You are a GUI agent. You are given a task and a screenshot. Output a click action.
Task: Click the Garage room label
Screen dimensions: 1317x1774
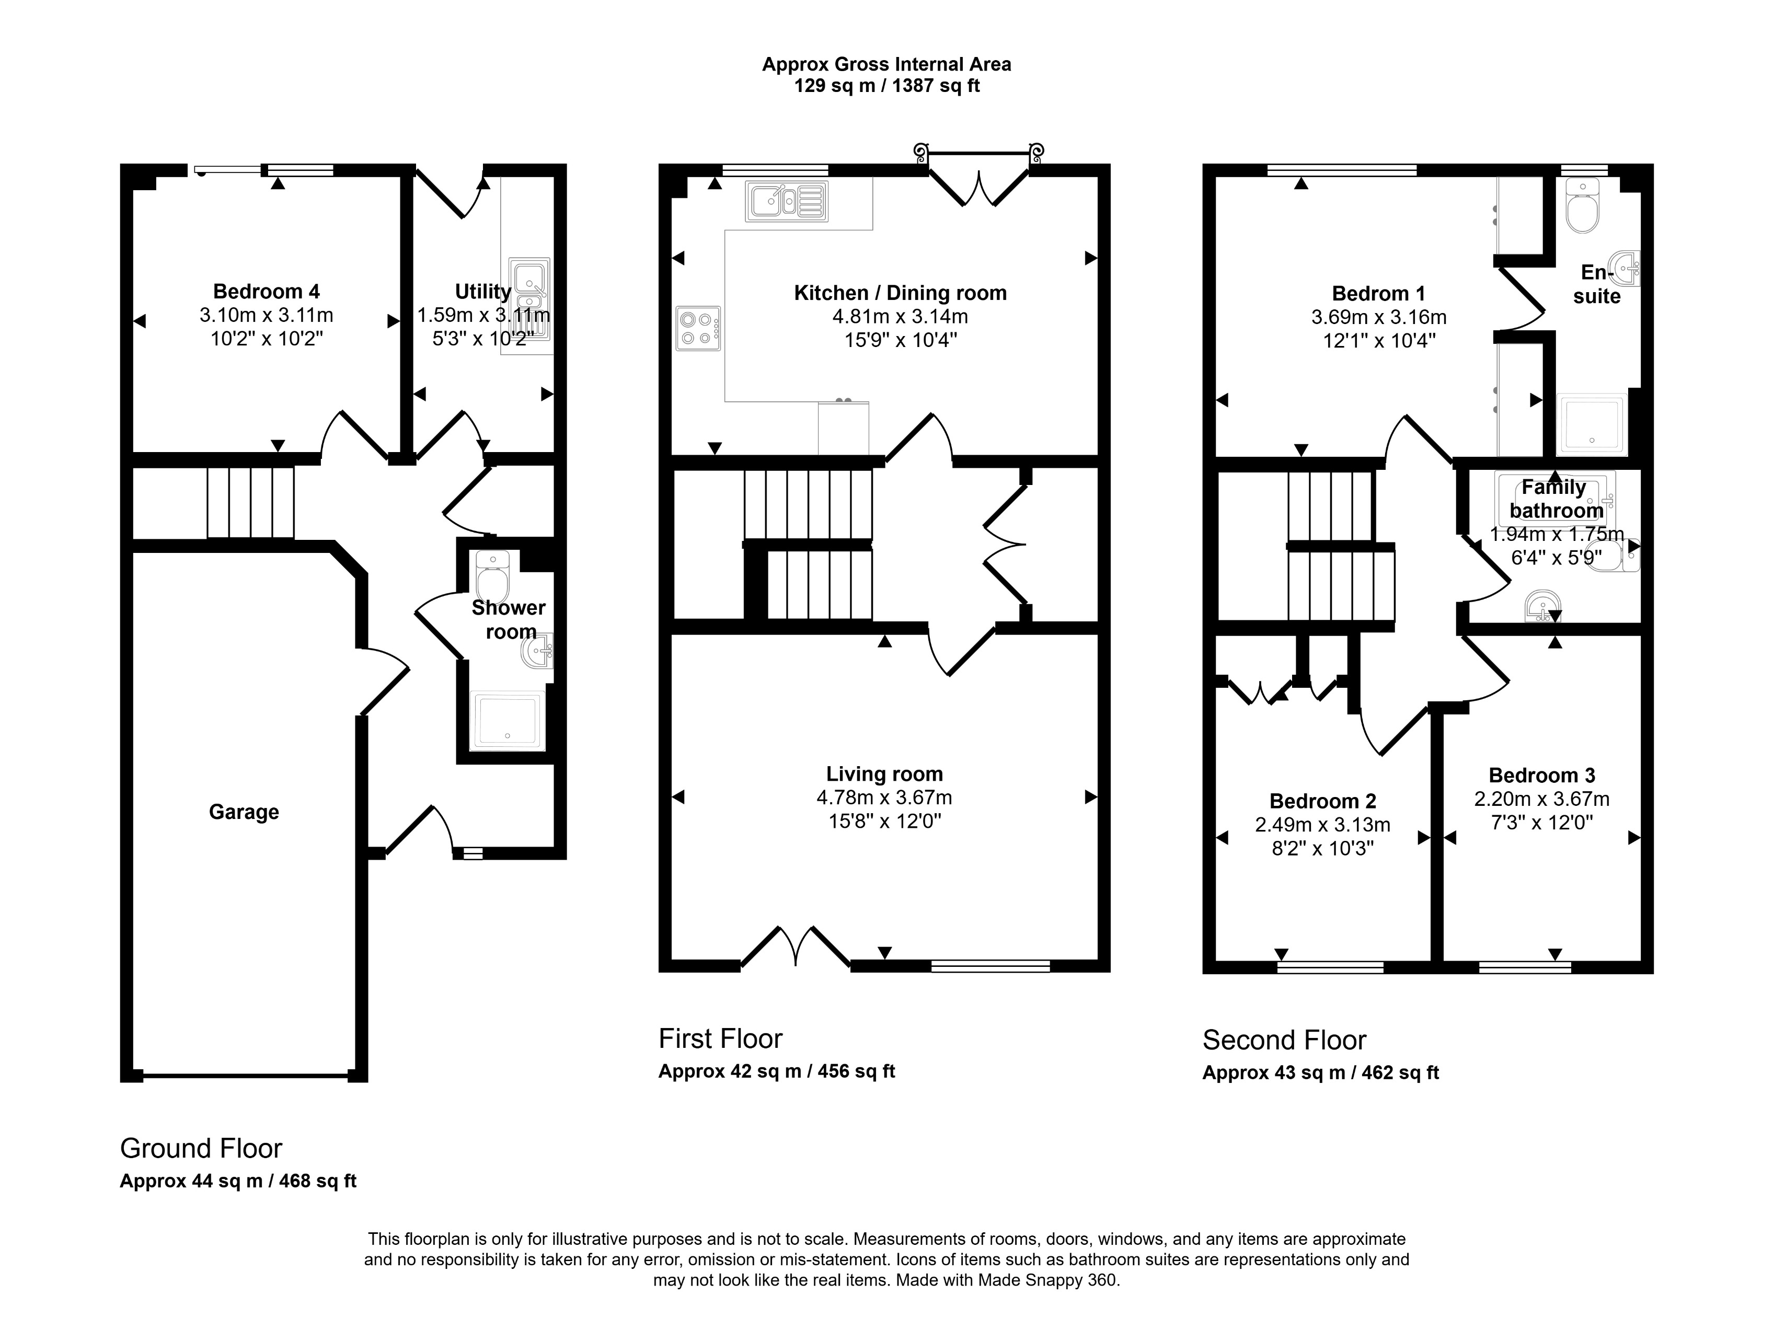(x=244, y=812)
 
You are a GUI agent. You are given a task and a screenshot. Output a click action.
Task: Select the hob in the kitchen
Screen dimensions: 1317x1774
(x=698, y=328)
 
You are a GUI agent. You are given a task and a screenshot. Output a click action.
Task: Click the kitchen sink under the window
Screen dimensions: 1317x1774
(x=786, y=200)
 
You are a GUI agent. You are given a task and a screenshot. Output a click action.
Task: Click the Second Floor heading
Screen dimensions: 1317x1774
(x=1284, y=1041)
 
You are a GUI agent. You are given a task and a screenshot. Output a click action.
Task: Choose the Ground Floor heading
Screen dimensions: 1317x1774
(x=201, y=1148)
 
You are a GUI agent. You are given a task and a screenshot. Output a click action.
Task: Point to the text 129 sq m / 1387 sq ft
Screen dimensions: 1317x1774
(x=886, y=85)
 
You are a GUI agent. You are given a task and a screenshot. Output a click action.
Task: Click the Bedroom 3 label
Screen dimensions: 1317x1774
(x=1541, y=775)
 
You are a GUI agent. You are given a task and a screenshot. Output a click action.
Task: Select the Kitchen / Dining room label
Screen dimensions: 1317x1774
(x=900, y=293)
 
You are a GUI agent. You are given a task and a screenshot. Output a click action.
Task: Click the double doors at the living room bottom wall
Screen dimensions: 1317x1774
(x=796, y=948)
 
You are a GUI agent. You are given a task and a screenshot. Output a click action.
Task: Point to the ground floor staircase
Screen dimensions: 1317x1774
(x=250, y=502)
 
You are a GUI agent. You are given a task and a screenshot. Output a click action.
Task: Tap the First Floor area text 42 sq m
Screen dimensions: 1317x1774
(x=776, y=1071)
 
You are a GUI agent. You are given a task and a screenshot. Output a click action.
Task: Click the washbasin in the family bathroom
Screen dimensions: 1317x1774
(x=1541, y=607)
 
